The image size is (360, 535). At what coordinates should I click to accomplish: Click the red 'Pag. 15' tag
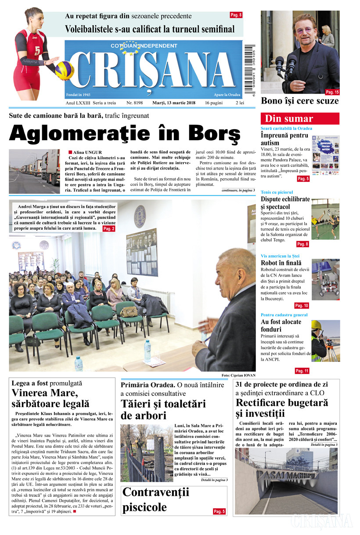332,92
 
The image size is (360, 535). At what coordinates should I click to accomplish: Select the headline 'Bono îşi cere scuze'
300,101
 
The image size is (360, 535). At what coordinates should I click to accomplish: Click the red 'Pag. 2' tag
109,229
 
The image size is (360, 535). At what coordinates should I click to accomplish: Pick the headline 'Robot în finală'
281,264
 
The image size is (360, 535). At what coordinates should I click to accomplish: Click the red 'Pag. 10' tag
301,305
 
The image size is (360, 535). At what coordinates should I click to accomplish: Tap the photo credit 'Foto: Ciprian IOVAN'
238,376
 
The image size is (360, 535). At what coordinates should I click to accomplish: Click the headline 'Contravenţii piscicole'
156,500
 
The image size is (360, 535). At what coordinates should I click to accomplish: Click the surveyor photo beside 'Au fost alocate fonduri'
325,341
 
